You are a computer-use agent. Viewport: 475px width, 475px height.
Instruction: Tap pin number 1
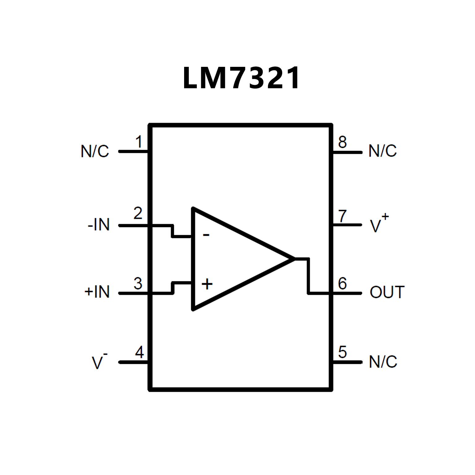[139, 142]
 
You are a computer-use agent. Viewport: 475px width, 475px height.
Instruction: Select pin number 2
[138, 213]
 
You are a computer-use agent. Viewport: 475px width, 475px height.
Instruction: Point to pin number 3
[138, 283]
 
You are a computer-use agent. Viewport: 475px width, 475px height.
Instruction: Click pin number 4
[140, 352]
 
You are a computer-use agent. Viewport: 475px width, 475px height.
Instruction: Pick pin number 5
[342, 352]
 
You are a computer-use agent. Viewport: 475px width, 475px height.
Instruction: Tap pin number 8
[342, 142]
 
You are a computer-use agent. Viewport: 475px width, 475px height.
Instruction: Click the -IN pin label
[99, 225]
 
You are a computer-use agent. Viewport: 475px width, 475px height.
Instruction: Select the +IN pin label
[97, 292]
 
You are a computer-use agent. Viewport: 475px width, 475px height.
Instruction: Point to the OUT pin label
[387, 292]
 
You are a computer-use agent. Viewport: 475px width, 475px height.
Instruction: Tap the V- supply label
[99, 361]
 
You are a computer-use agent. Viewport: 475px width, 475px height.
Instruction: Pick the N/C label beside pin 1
[95, 151]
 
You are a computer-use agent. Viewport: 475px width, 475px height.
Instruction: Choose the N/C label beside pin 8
[382, 151]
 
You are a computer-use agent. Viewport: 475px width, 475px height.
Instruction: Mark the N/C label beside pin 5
[383, 362]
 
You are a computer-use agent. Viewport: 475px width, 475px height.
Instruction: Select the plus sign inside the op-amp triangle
[207, 284]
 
